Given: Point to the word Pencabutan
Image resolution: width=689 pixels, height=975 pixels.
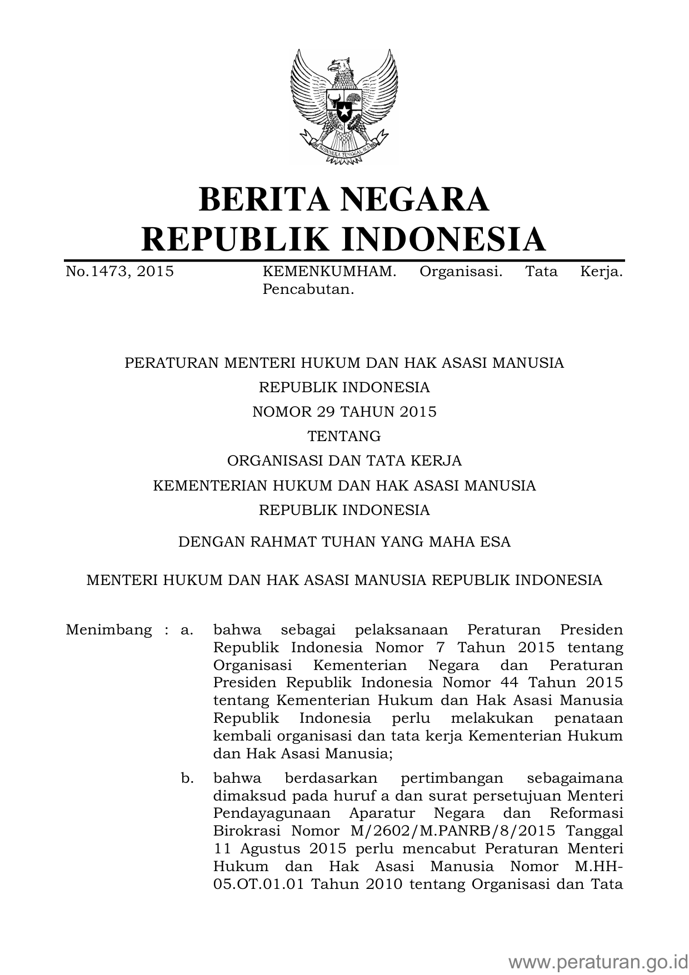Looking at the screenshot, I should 308,289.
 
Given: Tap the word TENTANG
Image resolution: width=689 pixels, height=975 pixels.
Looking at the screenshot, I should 344,436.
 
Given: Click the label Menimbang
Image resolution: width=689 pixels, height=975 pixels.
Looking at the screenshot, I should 108,630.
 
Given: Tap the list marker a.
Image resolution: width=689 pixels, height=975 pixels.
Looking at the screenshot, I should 187,630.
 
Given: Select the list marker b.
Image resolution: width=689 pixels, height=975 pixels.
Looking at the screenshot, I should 187,778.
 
